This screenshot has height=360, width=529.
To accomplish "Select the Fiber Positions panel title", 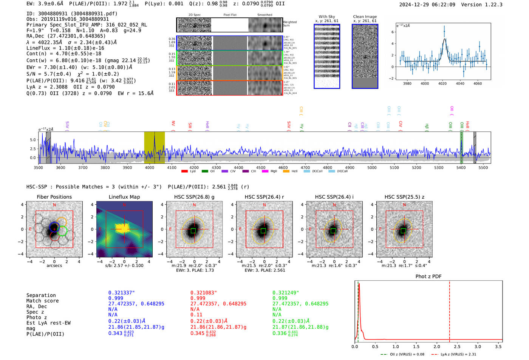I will [54, 197].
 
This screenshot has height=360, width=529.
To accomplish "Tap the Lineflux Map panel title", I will [124, 197].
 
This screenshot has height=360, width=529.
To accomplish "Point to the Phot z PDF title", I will [428, 276].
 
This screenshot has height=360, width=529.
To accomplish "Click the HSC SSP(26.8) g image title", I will [194, 197].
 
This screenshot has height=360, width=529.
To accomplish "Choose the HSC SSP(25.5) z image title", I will [404, 197].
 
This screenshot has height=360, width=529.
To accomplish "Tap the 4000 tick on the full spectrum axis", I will [150, 167].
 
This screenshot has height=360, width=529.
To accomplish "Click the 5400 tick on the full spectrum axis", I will [461, 167].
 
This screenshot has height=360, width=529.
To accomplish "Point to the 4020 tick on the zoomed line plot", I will [442, 83].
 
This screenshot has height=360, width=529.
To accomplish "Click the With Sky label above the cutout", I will [327, 17].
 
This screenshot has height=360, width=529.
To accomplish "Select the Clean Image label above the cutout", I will [365, 17].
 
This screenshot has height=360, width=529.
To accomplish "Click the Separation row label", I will [41, 295].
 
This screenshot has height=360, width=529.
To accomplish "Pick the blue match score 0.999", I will [116, 298].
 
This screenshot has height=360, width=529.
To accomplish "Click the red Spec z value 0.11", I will [196, 315].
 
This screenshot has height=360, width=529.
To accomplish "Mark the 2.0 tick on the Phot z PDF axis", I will [437, 346].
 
